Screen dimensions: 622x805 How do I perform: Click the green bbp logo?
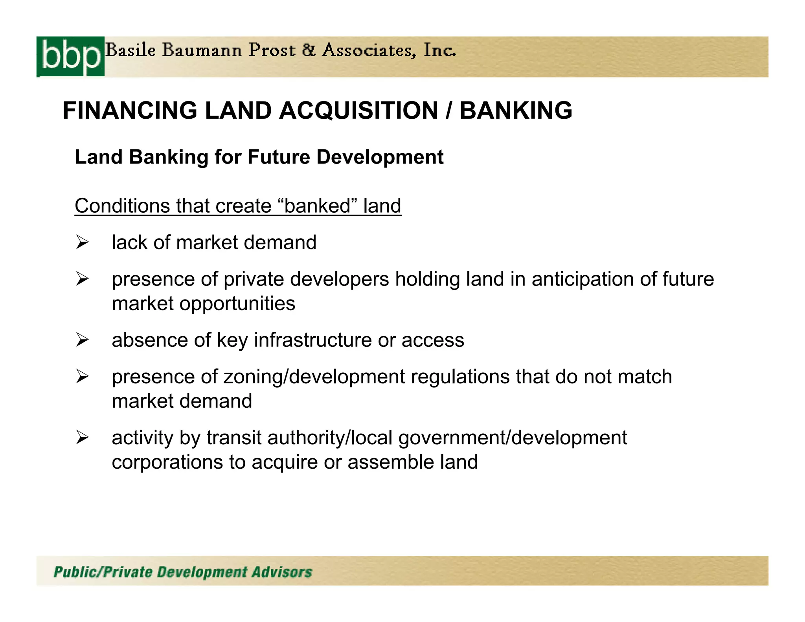pyautogui.click(x=70, y=57)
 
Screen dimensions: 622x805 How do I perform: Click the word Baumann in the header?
pyautogui.click(x=202, y=50)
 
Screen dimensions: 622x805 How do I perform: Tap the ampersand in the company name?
pyautogui.click(x=309, y=50)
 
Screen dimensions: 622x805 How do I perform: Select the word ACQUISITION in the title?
pyautogui.click(x=358, y=110)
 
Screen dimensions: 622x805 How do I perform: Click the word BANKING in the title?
pyautogui.click(x=516, y=110)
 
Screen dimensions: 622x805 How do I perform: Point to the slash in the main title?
pyautogui.click(x=449, y=110)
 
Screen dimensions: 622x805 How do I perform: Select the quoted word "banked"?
pyautogui.click(x=316, y=206)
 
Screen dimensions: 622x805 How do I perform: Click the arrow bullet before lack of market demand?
pyautogui.click(x=83, y=242)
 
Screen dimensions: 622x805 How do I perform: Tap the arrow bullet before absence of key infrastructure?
pyautogui.click(x=83, y=340)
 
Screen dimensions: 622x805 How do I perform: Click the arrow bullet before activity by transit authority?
pyautogui.click(x=83, y=437)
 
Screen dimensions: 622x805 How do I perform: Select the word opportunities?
pyautogui.click(x=237, y=304)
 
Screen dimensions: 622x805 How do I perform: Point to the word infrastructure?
pyautogui.click(x=313, y=340)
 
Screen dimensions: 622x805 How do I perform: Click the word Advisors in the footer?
pyautogui.click(x=282, y=572)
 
